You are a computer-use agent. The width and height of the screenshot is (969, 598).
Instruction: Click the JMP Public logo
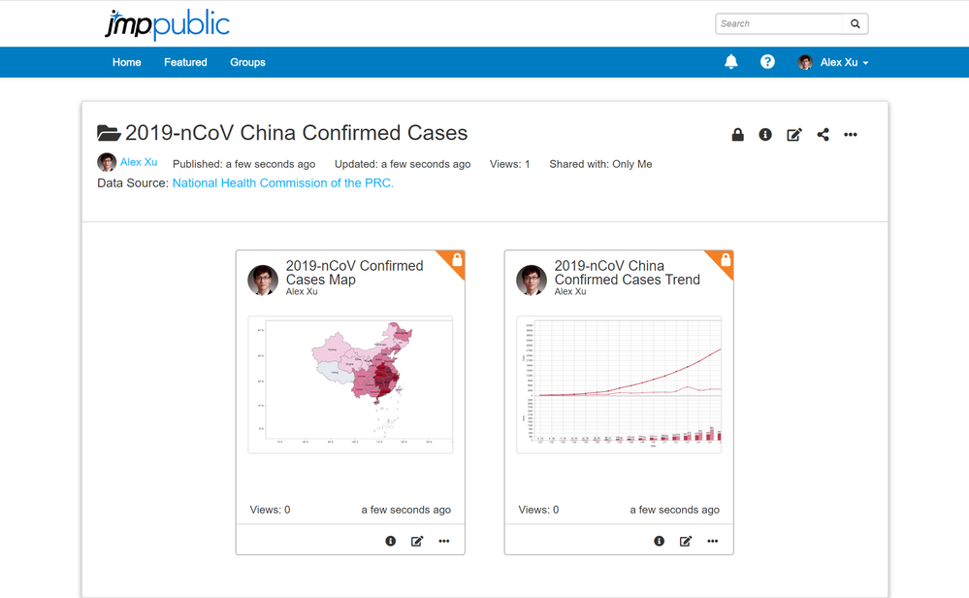point(167,24)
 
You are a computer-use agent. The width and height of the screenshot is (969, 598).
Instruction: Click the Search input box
point(780,23)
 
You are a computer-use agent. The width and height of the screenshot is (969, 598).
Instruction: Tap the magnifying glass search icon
point(856,23)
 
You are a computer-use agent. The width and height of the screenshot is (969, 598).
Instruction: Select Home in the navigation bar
point(127,62)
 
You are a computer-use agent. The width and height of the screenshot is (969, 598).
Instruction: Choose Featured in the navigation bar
point(185,62)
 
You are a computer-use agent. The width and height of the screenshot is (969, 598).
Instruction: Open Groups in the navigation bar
point(247,62)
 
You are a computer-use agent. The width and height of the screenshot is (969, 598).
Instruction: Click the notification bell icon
point(731,62)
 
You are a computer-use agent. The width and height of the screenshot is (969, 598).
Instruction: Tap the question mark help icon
point(767,62)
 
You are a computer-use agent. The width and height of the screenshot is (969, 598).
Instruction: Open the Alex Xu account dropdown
point(834,62)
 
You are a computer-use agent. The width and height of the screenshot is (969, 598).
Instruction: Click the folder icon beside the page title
point(109,133)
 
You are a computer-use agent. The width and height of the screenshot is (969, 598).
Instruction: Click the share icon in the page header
point(823,135)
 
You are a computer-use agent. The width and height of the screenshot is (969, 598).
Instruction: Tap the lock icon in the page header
point(737,135)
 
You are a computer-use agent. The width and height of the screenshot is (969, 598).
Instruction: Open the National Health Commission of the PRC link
point(283,183)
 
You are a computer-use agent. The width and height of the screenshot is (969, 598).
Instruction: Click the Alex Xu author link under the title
point(139,162)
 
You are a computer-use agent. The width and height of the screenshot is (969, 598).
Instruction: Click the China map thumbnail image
point(350,384)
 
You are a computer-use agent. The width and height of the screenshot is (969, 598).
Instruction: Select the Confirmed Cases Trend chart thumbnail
point(619,384)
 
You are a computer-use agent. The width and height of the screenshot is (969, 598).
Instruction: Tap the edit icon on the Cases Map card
point(417,541)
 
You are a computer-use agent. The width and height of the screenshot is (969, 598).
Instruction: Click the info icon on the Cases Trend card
point(659,541)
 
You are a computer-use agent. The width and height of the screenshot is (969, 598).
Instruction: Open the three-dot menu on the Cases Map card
point(444,541)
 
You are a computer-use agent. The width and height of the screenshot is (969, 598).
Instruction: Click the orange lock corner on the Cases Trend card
point(724,260)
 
